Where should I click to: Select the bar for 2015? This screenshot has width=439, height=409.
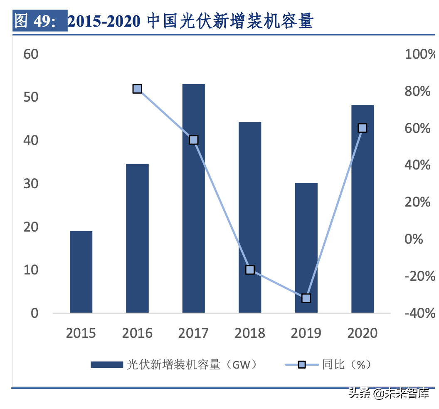tap(81, 272)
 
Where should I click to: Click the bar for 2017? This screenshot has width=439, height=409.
tap(194, 198)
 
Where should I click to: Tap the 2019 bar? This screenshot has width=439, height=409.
tap(306, 248)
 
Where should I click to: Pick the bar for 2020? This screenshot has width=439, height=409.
tap(363, 209)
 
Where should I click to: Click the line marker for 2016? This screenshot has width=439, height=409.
tap(138, 89)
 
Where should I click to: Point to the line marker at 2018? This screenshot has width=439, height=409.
tap(250, 269)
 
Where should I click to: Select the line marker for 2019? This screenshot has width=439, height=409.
tap(306, 298)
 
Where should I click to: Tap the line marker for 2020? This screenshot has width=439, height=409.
tap(363, 128)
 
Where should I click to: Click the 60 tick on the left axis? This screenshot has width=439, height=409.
tap(31, 54)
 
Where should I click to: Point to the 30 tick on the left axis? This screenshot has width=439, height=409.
tap(31, 184)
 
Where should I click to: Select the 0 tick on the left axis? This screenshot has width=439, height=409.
tap(35, 313)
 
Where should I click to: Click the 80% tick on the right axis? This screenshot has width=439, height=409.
tap(418, 91)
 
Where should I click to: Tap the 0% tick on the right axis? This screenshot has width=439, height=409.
tap(414, 239)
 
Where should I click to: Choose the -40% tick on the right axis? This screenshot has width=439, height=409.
tap(419, 313)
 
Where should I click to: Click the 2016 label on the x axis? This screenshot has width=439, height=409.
tap(138, 333)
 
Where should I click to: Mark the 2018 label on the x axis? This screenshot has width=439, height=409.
tap(250, 333)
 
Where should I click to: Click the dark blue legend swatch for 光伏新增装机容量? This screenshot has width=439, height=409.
tap(107, 365)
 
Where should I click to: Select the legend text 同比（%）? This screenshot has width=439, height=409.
tap(346, 365)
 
